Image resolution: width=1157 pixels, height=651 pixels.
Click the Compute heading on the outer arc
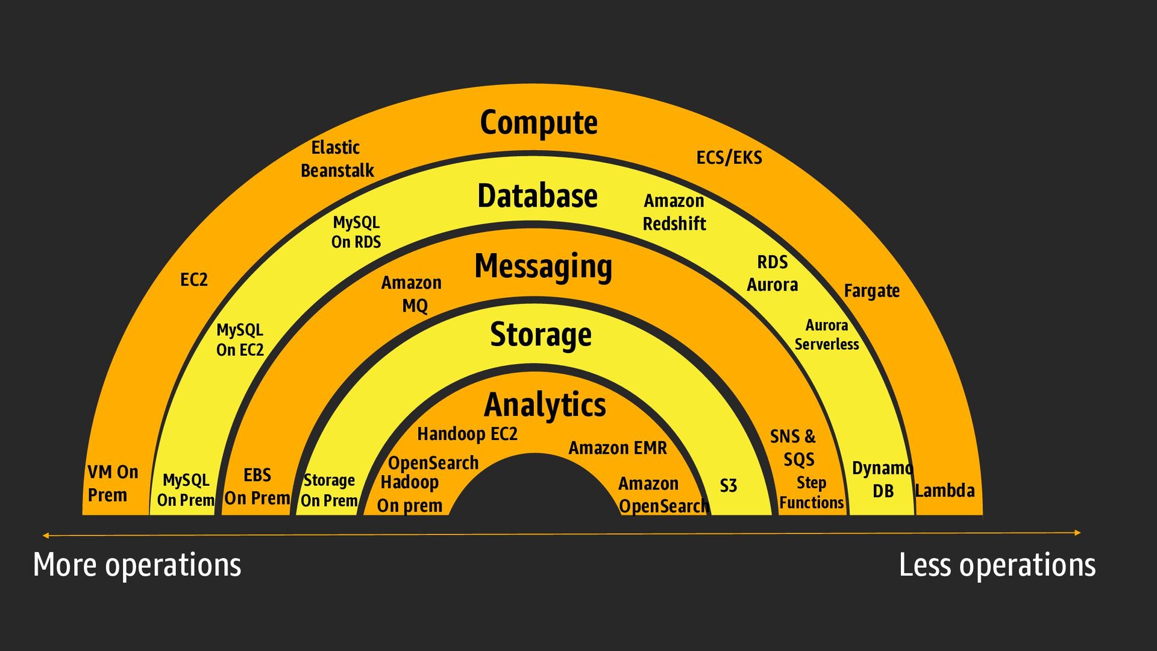(x=539, y=123)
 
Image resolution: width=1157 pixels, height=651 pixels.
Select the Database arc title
(x=538, y=196)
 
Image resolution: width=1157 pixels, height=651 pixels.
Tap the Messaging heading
(x=543, y=266)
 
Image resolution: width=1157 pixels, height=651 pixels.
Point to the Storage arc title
(x=541, y=335)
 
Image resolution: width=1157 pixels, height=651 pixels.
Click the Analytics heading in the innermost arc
(x=545, y=404)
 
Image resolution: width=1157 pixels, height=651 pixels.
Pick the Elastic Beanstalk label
(x=337, y=159)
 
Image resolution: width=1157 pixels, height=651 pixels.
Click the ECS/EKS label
(x=729, y=157)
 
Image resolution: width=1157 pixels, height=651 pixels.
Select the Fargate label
(x=871, y=291)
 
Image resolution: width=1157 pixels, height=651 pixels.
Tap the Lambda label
(x=944, y=491)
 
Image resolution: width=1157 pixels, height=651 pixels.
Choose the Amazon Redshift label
(x=674, y=212)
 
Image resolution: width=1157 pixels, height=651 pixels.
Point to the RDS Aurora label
(x=773, y=273)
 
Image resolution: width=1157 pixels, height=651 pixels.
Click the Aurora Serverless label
(x=827, y=335)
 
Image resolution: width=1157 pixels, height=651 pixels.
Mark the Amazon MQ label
(x=412, y=294)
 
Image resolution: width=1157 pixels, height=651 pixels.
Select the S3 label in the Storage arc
(x=728, y=486)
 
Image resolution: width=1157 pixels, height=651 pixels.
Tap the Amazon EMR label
(x=618, y=448)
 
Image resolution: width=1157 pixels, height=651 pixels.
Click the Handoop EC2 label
(x=467, y=434)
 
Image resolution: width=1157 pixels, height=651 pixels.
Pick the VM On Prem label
(x=113, y=483)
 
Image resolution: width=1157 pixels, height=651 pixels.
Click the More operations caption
(x=137, y=565)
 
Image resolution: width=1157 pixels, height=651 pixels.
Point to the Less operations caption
(x=997, y=565)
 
